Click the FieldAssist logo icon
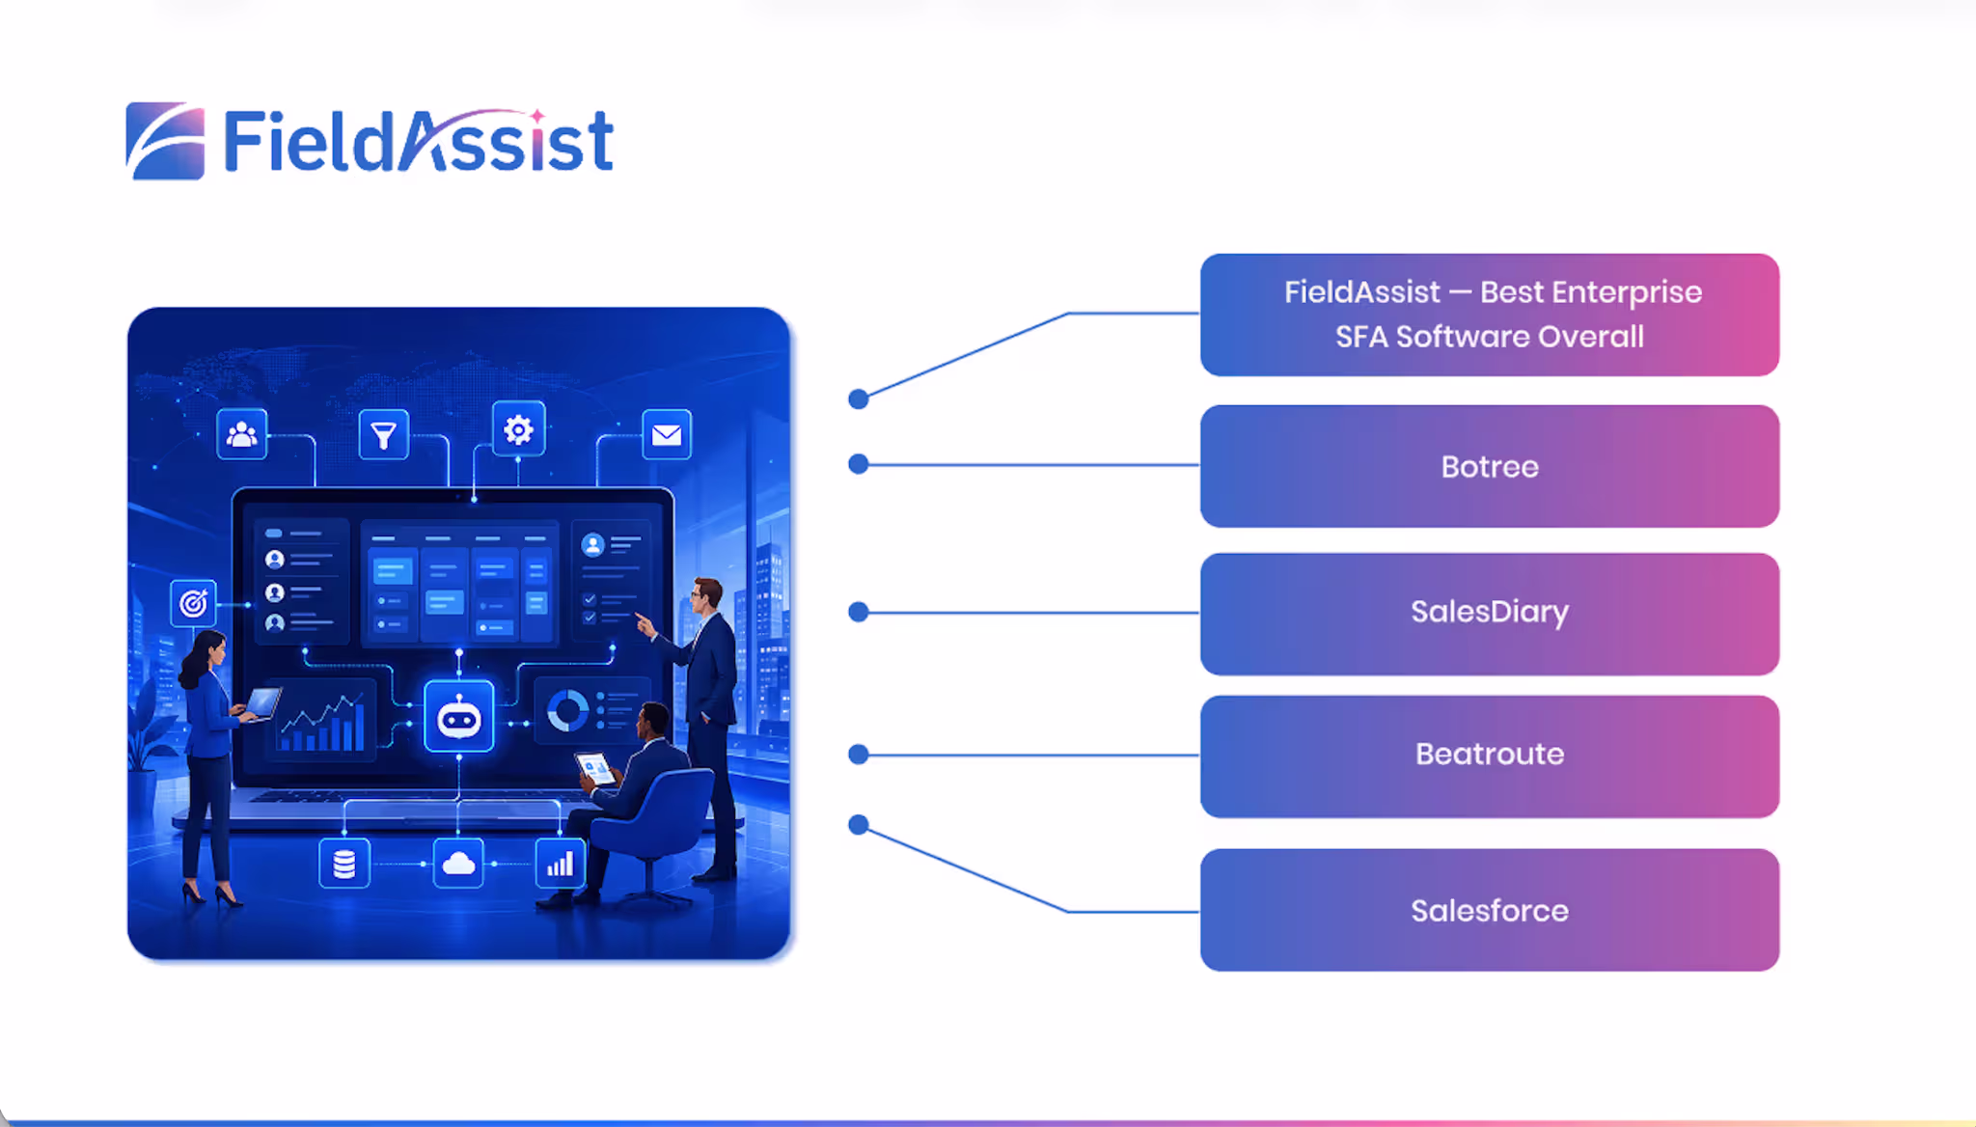[165, 141]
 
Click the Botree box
[1490, 466]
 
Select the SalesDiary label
[1490, 612]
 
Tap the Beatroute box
[1490, 756]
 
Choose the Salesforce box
[1490, 910]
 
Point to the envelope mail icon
[667, 434]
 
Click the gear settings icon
[518, 428]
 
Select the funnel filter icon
[384, 434]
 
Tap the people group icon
[241, 434]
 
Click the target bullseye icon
[193, 603]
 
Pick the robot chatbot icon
[459, 717]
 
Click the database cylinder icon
[344, 864]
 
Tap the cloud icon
[458, 864]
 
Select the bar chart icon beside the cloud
[561, 864]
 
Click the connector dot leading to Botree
[859, 464]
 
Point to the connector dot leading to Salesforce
[859, 825]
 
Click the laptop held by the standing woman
[262, 703]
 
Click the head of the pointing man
[707, 595]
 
